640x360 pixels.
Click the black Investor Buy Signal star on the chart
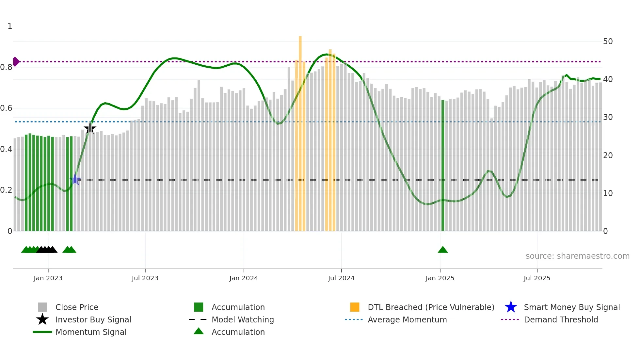90,128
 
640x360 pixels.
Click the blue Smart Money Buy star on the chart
75,179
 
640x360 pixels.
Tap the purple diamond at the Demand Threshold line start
16,61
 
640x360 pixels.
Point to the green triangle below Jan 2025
443,250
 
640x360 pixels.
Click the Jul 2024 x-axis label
341,278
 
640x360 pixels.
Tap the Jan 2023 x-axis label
48,278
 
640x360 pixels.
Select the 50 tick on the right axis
608,41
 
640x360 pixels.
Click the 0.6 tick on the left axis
7,108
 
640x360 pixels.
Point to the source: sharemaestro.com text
577,256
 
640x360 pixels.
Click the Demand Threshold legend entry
561,319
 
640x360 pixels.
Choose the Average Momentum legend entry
407,319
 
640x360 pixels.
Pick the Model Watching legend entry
242,319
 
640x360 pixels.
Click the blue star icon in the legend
511,307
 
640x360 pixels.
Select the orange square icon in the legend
355,307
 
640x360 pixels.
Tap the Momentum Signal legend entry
91,332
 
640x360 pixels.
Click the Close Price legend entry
77,307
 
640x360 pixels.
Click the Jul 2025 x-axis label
537,278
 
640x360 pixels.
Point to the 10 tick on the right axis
608,193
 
